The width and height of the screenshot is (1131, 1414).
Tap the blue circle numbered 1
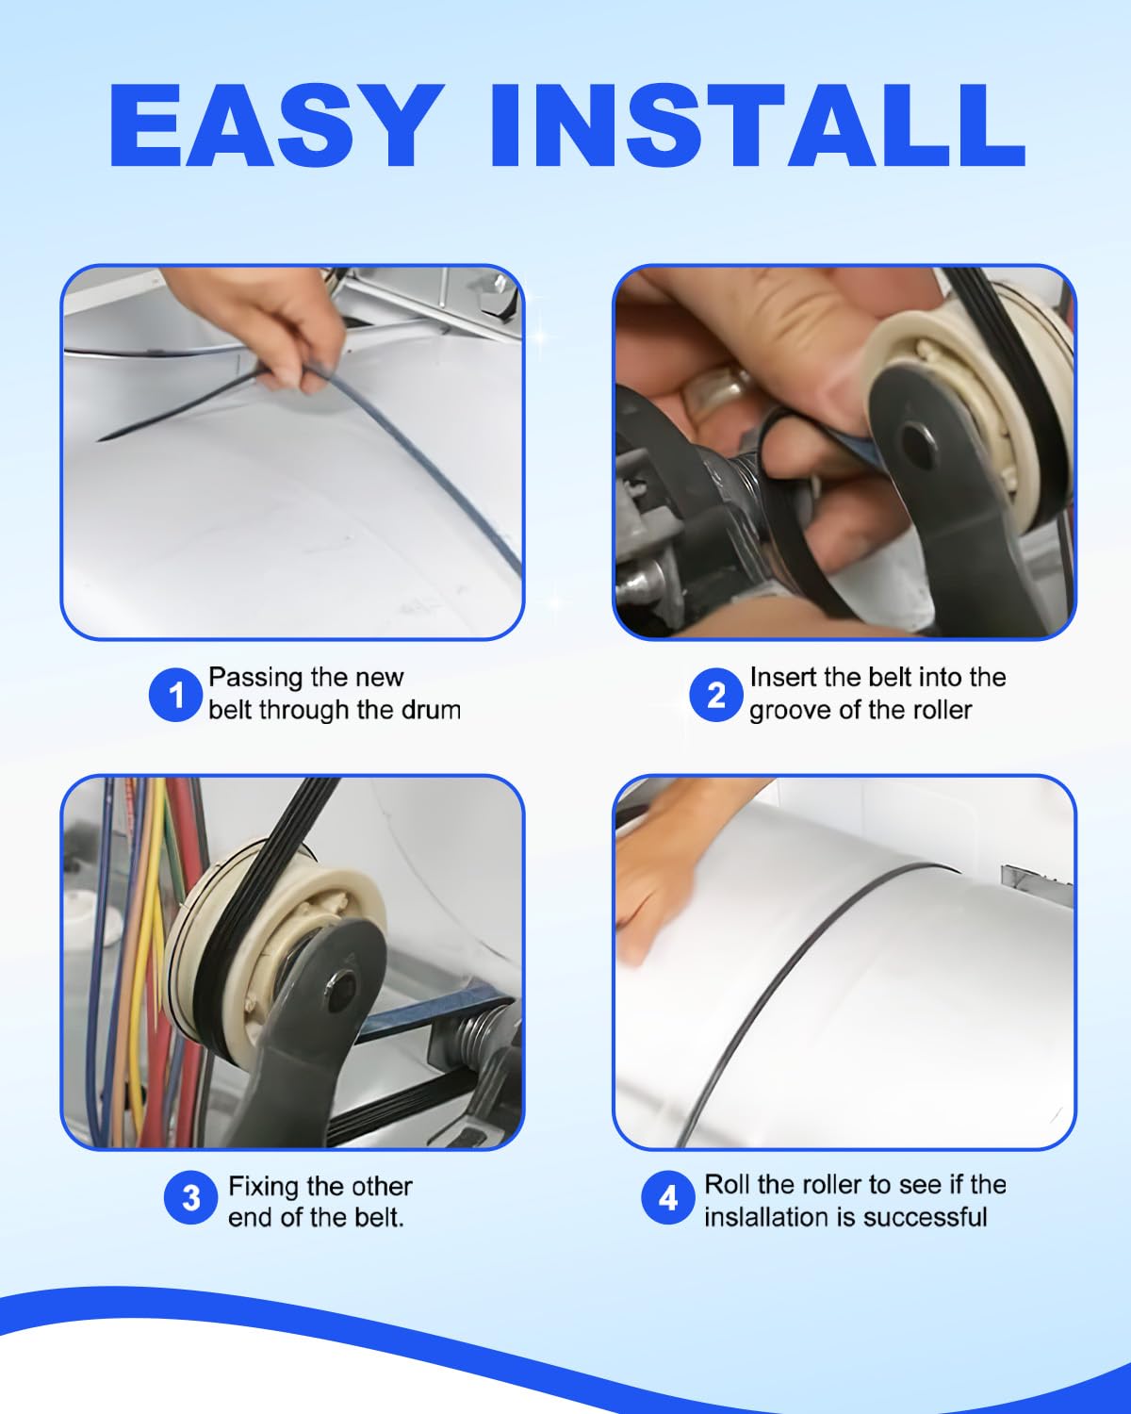174,695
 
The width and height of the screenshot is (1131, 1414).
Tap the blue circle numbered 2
716,695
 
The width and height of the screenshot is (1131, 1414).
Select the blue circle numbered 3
190,1198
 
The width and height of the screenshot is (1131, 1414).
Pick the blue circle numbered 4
667,1198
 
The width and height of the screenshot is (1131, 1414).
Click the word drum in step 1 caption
429,710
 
